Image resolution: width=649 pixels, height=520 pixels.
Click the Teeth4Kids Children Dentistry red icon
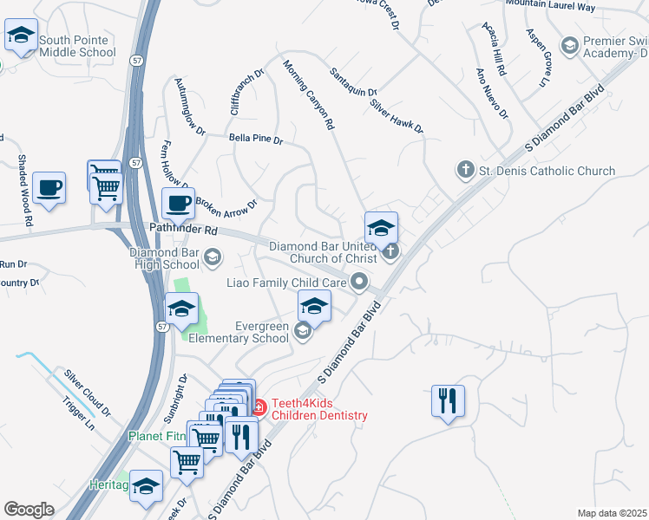point(258,405)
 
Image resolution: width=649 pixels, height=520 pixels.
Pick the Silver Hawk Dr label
point(396,116)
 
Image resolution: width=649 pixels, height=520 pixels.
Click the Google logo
point(29,510)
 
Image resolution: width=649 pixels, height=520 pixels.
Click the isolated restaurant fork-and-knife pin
point(448,400)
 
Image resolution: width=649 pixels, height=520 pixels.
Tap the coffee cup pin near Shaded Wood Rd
point(49,187)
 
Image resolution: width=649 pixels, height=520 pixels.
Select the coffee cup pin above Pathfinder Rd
point(180,204)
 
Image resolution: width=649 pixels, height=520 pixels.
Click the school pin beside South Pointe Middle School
point(21,36)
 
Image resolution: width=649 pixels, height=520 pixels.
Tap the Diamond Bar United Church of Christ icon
point(390,252)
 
